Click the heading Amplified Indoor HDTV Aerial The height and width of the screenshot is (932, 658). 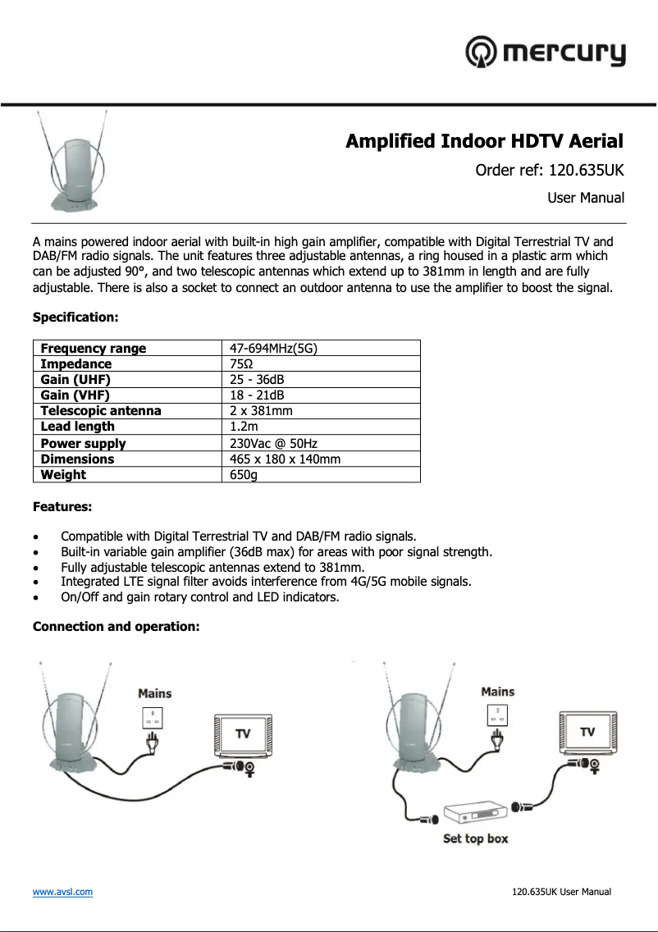(x=484, y=141)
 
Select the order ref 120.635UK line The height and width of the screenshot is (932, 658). (x=550, y=171)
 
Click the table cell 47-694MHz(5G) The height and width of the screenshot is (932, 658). (x=273, y=349)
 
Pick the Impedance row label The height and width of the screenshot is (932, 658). (x=76, y=364)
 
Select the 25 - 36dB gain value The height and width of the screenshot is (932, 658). (x=257, y=380)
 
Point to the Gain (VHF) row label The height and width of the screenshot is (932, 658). (x=75, y=395)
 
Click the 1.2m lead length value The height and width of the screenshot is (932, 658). (x=244, y=427)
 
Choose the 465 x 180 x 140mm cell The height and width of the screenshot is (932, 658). (x=285, y=459)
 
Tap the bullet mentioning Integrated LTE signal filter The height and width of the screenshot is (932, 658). (x=266, y=582)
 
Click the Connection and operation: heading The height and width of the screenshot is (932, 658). (x=116, y=627)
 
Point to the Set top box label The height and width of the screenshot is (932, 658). (x=475, y=838)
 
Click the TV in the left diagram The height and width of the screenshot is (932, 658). (x=242, y=733)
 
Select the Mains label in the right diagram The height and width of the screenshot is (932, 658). (x=497, y=692)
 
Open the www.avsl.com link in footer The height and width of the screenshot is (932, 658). (x=62, y=892)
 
